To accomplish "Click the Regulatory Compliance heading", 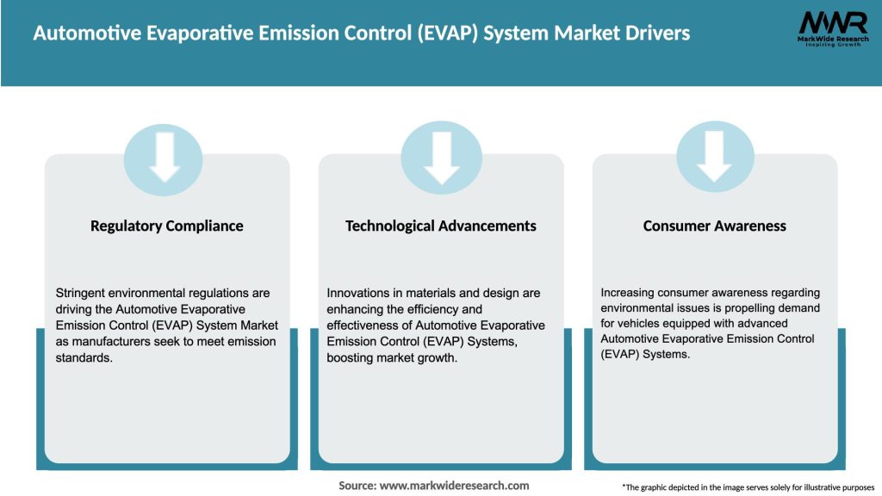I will point(167,226).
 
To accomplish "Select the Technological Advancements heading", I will point(441,226).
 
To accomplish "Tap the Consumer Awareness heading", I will point(715,226).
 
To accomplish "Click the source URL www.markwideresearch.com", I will point(455,486).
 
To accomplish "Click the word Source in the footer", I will point(357,486).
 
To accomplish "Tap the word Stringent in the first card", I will point(80,293).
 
